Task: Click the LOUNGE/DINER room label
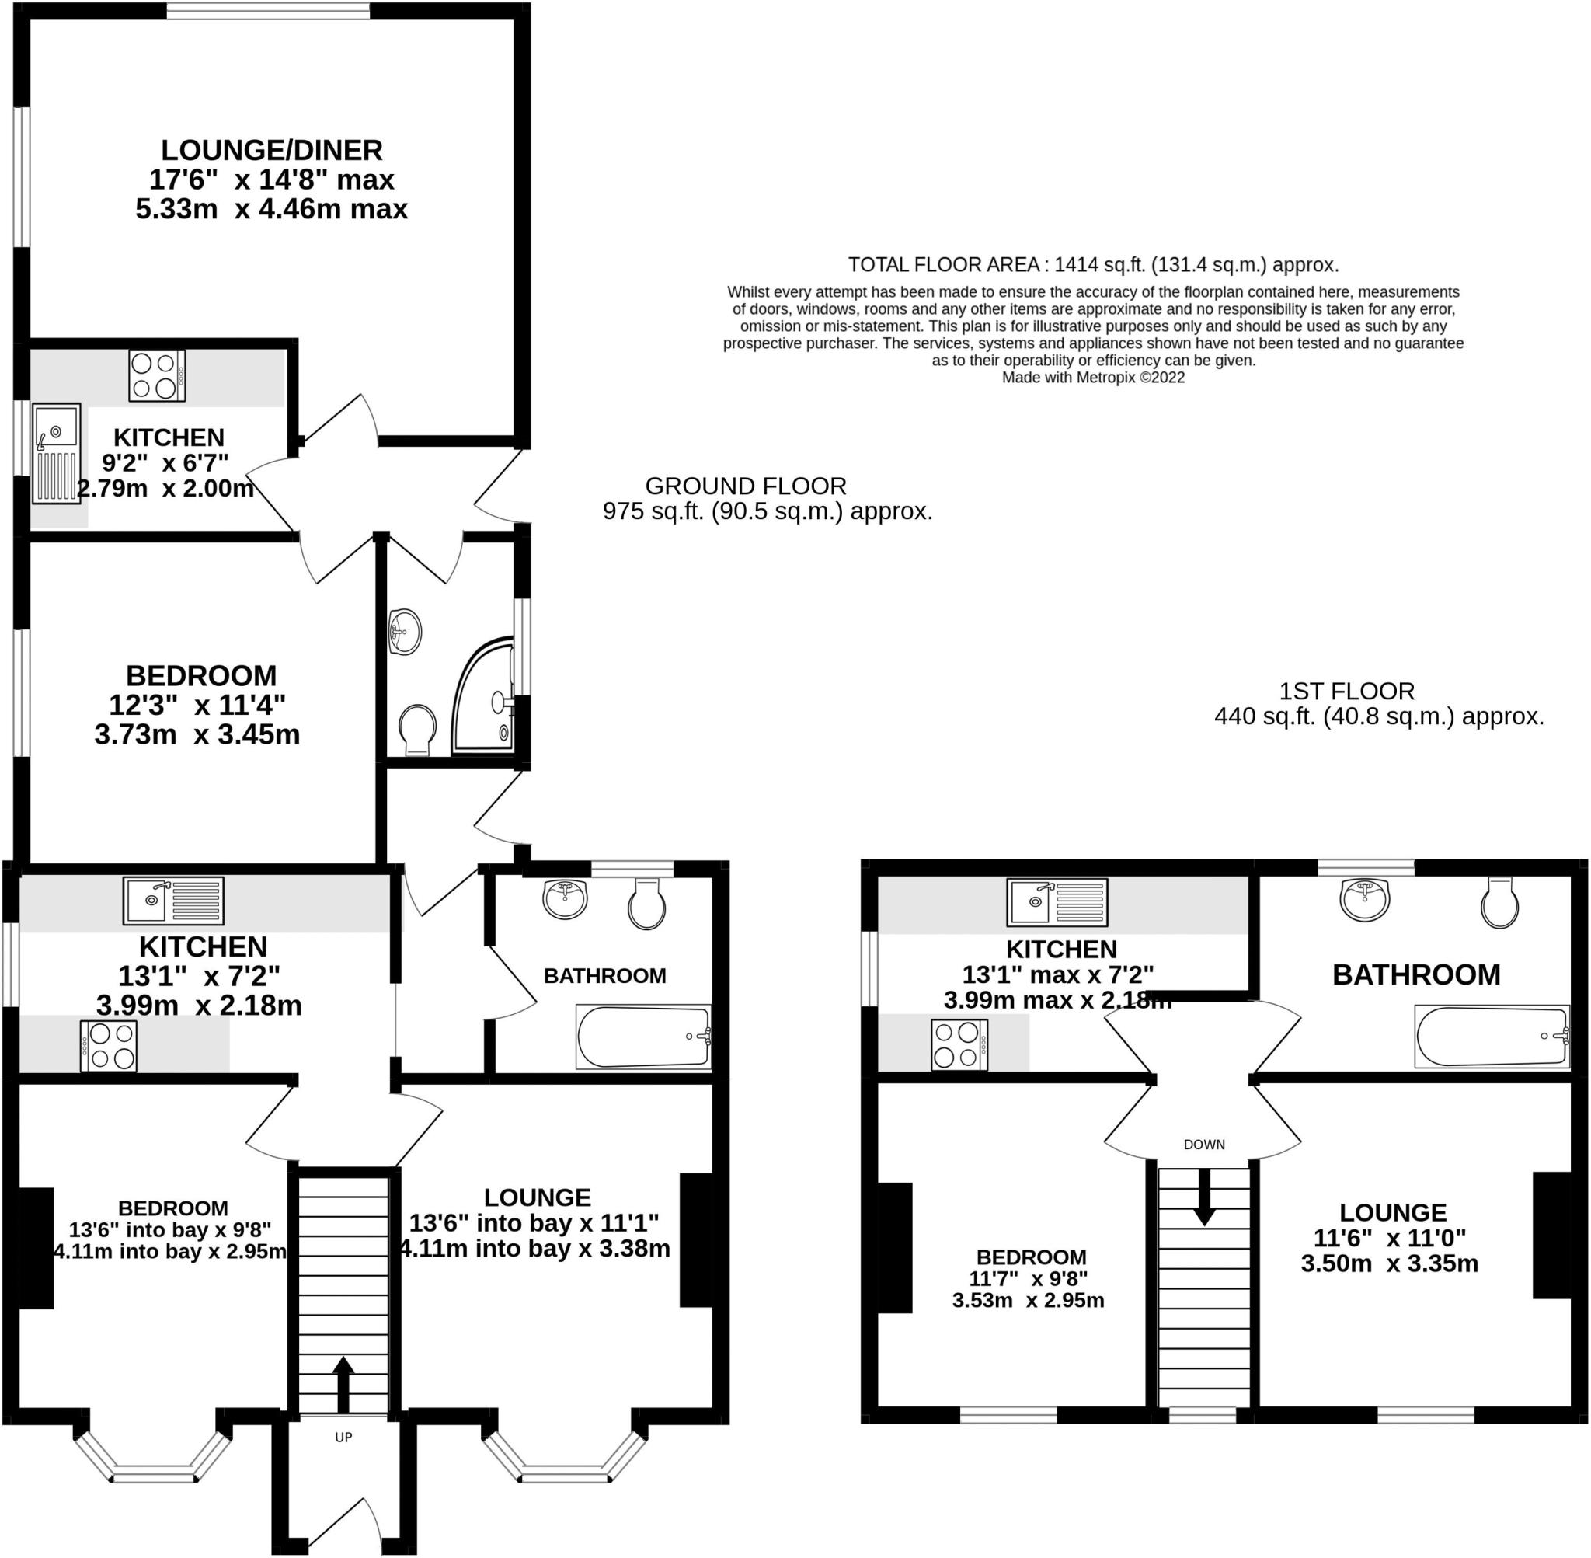272,151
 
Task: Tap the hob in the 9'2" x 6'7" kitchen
157,375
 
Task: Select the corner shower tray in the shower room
482,695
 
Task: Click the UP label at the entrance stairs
343,1437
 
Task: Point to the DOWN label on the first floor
1204,1144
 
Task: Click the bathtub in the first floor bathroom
1492,1036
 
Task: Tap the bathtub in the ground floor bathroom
644,1037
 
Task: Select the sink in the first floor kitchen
1057,901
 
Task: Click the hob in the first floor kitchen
959,1045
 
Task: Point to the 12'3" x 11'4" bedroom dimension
197,705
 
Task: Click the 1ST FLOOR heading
1346,692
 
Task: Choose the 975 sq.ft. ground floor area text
768,511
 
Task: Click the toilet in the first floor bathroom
1500,904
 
